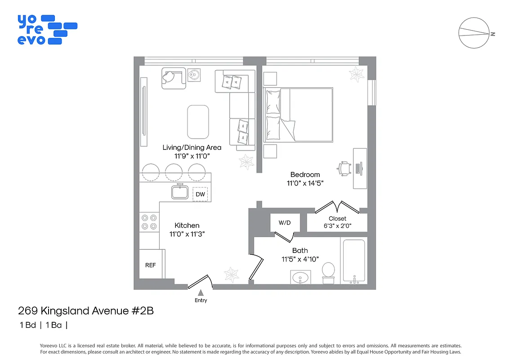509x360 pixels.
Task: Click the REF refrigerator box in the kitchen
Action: tap(150, 265)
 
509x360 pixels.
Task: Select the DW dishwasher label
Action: tap(200, 194)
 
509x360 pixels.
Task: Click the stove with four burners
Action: tap(149, 221)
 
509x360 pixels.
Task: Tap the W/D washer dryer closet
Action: tap(285, 222)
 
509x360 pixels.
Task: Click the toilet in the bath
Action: tap(328, 272)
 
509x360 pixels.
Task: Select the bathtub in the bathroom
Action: tap(353, 261)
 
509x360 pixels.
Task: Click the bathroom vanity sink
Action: tap(300, 278)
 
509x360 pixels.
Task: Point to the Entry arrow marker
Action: tap(201, 293)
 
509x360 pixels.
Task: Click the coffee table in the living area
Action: tap(198, 122)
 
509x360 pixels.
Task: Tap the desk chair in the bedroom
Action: tap(344, 168)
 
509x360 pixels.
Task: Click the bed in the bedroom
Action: tap(299, 115)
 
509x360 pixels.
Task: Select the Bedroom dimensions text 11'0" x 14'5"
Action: tap(305, 183)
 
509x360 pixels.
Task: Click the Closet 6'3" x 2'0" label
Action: tap(337, 222)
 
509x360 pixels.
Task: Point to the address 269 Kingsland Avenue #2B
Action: tap(85, 310)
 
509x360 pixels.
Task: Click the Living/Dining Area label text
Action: tap(192, 148)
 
